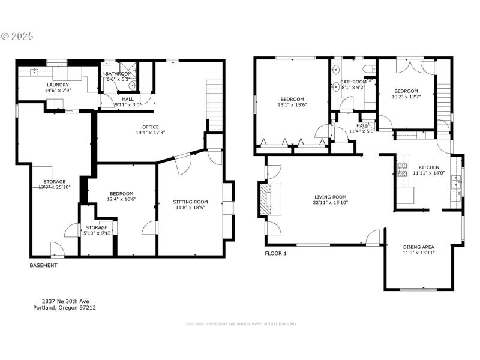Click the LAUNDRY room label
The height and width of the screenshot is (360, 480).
pos(58,85)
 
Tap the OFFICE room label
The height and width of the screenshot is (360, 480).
pos(150,127)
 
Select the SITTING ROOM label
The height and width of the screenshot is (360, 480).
pos(190,202)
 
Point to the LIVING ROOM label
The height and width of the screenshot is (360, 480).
pos(331,196)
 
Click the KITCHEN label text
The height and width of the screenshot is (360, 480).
pos(428,167)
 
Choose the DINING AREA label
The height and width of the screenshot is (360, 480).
pos(418,247)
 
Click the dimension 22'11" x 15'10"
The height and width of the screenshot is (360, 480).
pos(331,203)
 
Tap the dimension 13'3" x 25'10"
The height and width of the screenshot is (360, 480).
pos(54,188)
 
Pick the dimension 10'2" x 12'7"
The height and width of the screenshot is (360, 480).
pos(406,97)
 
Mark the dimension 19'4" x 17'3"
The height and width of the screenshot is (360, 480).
pos(150,133)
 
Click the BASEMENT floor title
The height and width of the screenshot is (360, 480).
pos(44,265)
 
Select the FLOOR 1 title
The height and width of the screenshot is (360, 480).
pos(276,253)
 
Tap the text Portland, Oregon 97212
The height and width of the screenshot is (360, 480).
pos(64,308)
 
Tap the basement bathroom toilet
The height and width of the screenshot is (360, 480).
pos(133,86)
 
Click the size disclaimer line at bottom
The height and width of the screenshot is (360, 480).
pos(241,324)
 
